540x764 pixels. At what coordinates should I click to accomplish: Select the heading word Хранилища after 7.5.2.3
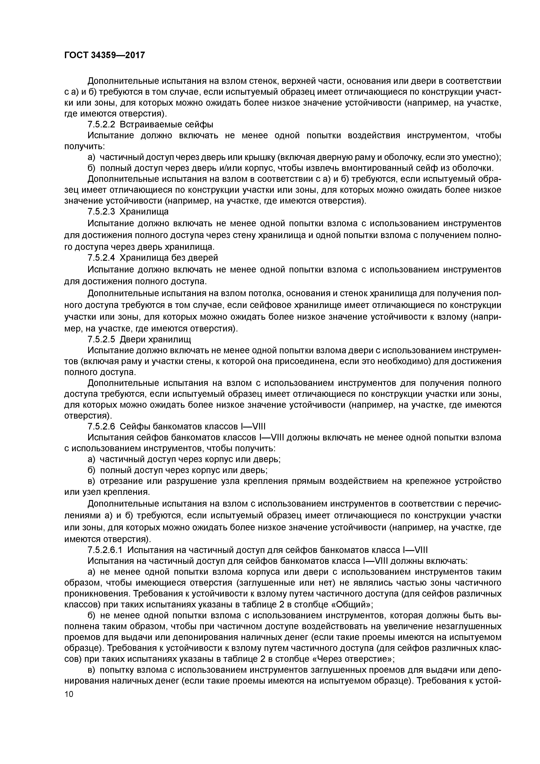(144, 212)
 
